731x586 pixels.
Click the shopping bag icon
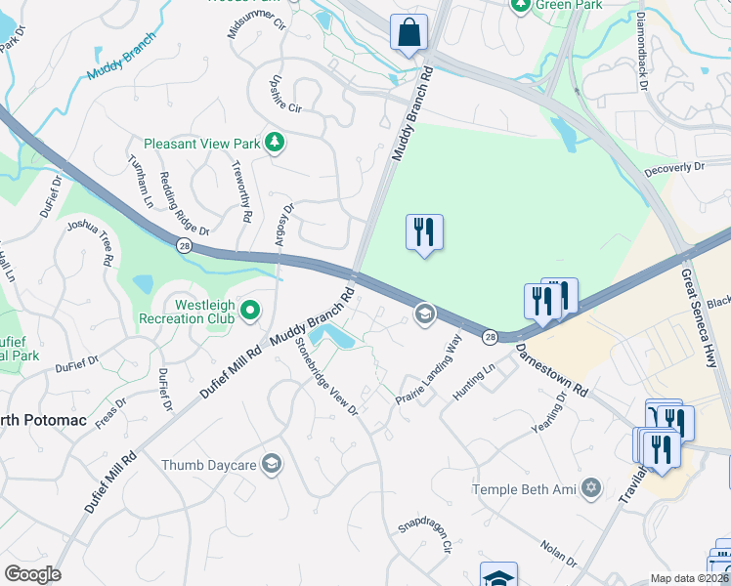click(408, 31)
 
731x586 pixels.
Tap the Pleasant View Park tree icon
click(277, 143)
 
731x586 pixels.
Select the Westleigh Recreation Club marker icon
click(250, 311)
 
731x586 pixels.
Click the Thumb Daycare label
click(209, 464)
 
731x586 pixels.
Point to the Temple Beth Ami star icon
click(590, 487)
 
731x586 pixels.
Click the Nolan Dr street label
click(558, 554)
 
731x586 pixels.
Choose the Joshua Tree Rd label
click(91, 242)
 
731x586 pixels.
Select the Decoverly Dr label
click(674, 168)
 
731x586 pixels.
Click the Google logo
click(32, 574)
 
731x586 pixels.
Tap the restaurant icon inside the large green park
click(424, 232)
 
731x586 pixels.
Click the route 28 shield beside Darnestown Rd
click(489, 336)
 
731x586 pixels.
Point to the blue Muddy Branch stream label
click(121, 58)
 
